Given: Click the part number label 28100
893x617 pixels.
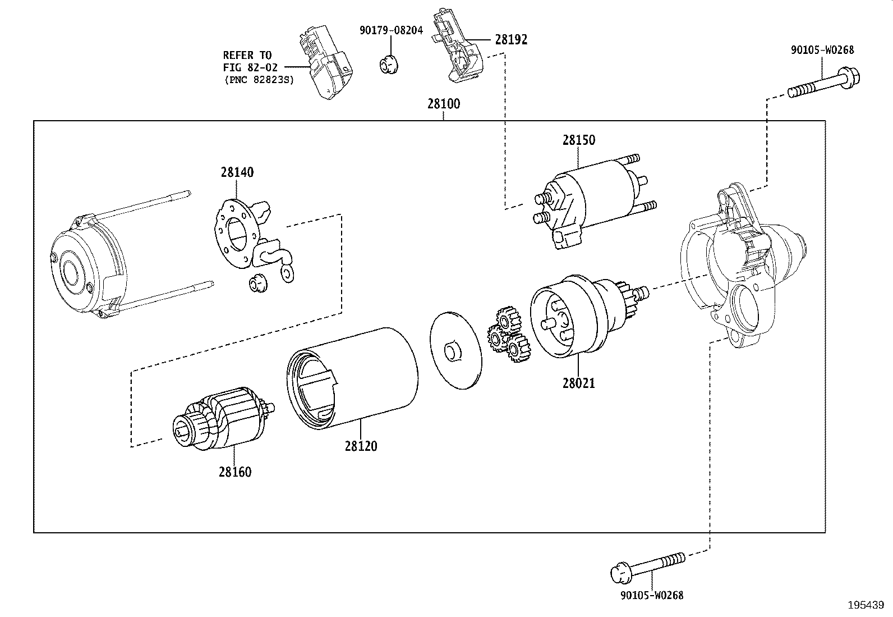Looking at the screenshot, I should [443, 104].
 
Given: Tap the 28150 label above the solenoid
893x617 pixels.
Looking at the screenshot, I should [579, 140].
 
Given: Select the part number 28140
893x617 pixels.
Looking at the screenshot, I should [237, 172].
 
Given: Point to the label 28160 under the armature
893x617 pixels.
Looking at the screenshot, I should [235, 472].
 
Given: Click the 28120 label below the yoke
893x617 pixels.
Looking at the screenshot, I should [361, 446].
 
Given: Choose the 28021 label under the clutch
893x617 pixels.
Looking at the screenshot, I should [578, 383].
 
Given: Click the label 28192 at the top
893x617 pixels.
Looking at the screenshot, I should [511, 39].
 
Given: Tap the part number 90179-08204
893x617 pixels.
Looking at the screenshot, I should [391, 30].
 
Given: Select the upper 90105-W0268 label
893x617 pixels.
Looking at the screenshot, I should [822, 50].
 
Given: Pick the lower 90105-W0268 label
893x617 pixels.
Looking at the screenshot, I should [652, 595].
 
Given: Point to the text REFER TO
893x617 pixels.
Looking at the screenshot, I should [247, 55].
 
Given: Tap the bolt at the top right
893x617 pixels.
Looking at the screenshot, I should [823, 84].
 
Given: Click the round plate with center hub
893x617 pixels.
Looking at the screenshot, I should [457, 350].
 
